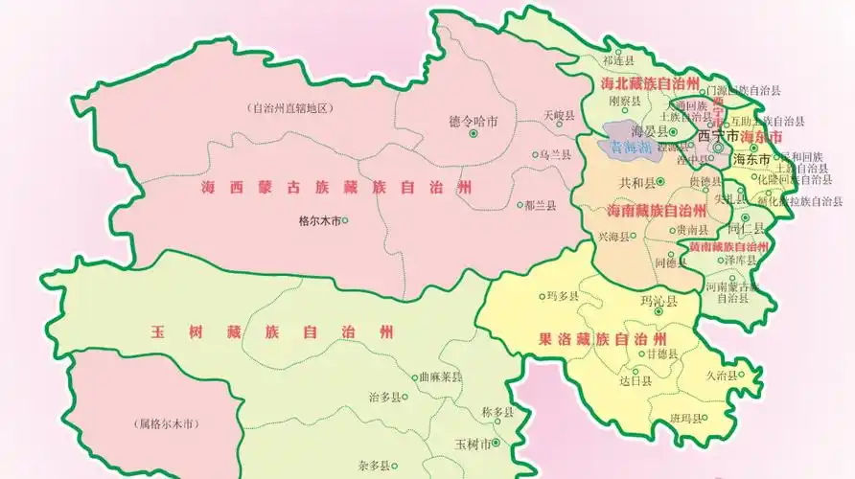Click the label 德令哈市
point(473,122)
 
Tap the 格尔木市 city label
point(319,219)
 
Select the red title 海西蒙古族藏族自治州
point(336,188)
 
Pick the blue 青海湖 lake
point(630,148)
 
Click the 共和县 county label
point(636,182)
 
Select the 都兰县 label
point(540,205)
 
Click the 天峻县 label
point(559,115)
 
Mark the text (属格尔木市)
point(173,423)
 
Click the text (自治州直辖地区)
point(289,108)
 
